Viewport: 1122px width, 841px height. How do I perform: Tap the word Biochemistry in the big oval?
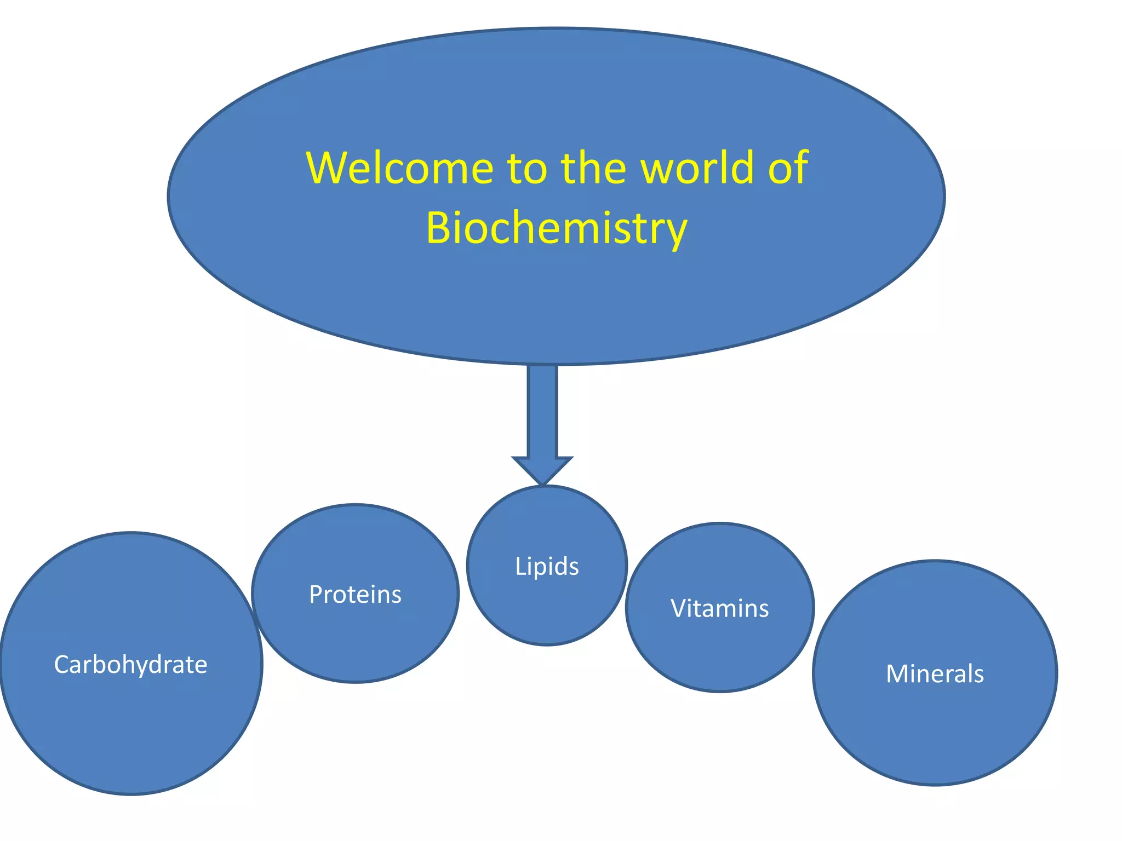pos(556,228)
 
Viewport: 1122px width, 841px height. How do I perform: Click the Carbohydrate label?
pos(130,665)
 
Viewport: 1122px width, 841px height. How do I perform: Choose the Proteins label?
pos(355,595)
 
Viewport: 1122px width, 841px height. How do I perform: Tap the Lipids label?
pos(547,566)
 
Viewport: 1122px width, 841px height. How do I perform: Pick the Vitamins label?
pos(719,608)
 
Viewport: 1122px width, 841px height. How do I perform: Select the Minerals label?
pos(935,673)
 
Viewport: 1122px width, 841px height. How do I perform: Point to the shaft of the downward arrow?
pos(542,411)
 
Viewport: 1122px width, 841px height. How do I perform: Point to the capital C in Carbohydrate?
pos(61,665)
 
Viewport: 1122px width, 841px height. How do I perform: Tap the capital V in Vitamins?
pos(679,608)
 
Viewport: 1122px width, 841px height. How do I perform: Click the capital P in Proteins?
pos(316,595)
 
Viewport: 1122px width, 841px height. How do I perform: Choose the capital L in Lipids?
pos(520,566)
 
